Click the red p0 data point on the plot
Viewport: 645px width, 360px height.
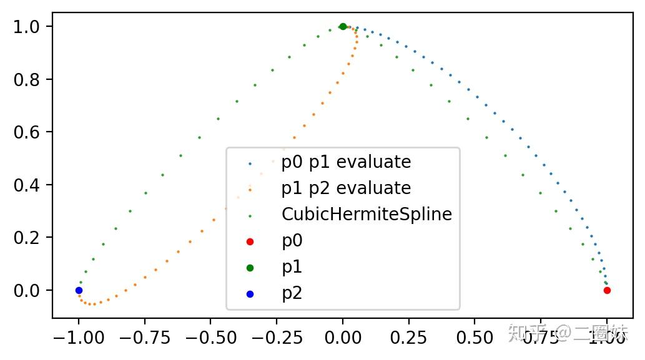click(x=607, y=290)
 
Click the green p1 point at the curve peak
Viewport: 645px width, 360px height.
click(x=343, y=26)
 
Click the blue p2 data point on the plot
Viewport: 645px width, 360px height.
click(x=79, y=290)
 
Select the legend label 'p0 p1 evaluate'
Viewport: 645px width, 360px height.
click(x=346, y=162)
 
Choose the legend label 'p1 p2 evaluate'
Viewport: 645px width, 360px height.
click(x=346, y=188)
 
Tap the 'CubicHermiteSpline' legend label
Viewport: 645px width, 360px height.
click(x=367, y=215)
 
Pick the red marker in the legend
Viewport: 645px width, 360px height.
click(x=250, y=241)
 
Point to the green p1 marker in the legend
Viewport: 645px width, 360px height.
click(x=250, y=267)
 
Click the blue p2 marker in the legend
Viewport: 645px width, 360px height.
click(x=250, y=293)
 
